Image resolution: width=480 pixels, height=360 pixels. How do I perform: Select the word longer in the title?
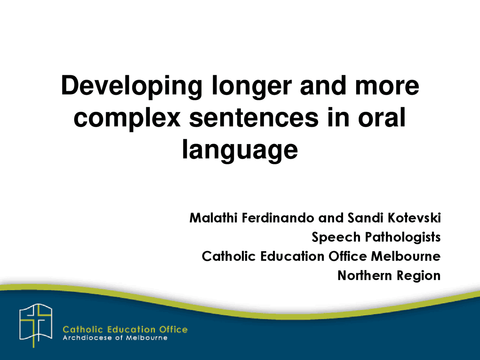[252, 86]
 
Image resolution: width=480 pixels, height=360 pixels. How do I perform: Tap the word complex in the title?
[127, 118]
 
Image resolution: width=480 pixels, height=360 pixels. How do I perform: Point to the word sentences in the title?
[254, 118]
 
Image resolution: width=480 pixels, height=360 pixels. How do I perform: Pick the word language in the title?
[240, 150]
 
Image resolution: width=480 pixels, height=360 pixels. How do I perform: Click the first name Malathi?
[214, 218]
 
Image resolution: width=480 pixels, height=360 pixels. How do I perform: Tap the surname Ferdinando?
[278, 218]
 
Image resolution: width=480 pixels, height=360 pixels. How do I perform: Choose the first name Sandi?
[366, 218]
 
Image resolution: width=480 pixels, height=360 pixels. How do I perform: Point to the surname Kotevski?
[414, 218]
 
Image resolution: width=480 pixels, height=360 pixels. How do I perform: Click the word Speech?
[336, 237]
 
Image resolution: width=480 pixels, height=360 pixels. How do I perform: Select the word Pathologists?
[403, 237]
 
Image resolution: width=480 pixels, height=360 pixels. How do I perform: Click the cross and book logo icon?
[36, 325]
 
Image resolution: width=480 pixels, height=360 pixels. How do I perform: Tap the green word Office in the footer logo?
[173, 330]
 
